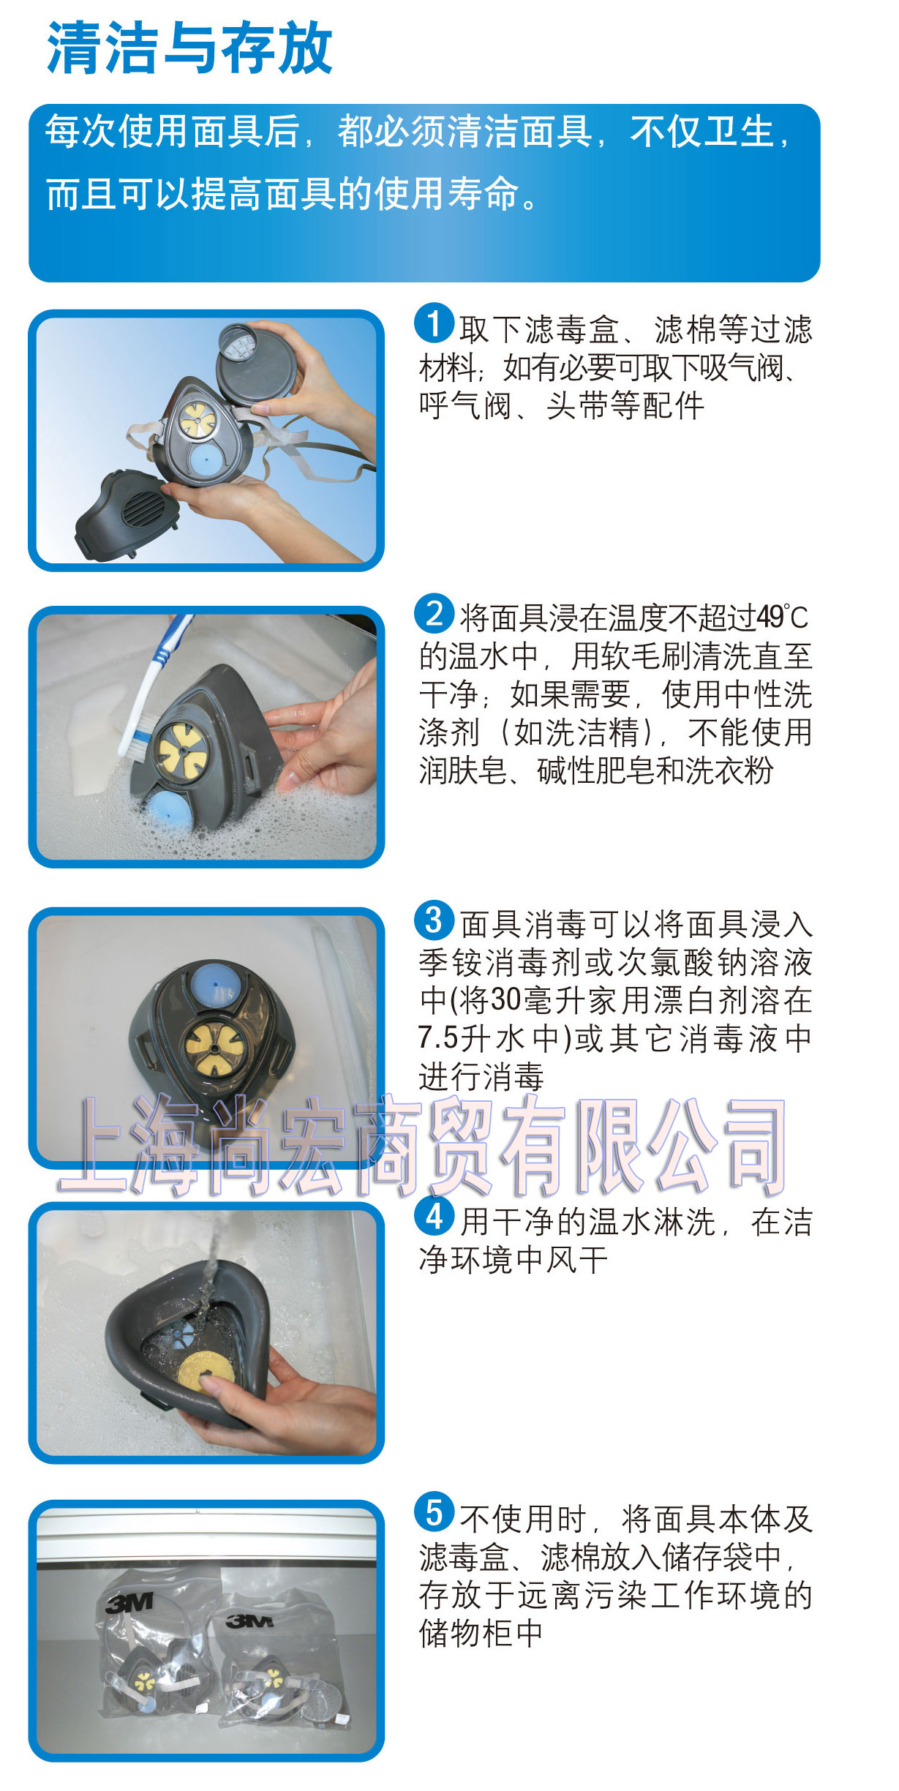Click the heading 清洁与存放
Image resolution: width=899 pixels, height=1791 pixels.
189,48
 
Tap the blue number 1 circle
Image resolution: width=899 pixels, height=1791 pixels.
435,323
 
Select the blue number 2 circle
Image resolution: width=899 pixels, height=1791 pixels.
435,613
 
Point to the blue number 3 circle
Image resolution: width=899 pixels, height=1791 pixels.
435,920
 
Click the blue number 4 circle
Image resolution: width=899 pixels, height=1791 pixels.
435,1217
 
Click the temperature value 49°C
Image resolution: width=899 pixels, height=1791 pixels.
782,617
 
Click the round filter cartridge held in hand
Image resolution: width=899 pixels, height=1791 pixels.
257,364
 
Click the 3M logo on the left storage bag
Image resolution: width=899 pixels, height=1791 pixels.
130,1604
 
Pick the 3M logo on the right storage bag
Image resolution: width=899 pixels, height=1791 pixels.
249,1621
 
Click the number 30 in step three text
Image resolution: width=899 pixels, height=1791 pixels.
505,1000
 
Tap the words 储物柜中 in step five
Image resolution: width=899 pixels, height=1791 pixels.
481,1633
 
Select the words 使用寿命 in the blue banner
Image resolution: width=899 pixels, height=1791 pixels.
445,194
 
